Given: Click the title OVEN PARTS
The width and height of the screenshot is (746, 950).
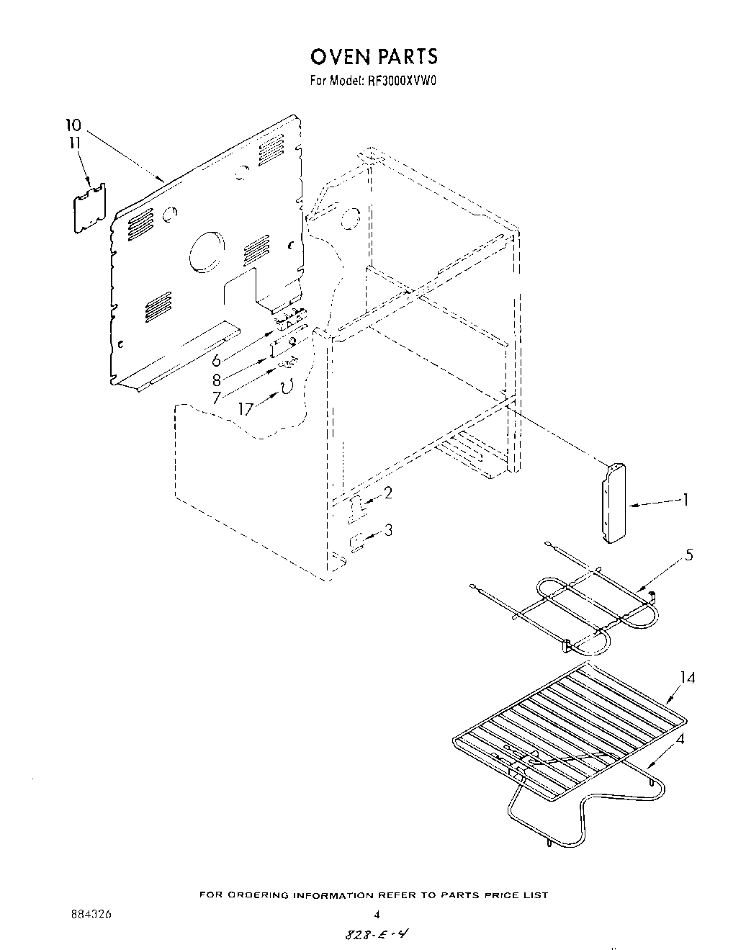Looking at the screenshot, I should point(373,57).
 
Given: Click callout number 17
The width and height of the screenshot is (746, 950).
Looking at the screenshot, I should point(246,408).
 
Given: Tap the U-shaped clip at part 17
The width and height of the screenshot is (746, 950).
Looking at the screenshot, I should point(287,388).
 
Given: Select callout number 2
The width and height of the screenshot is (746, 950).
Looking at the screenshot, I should point(388,493).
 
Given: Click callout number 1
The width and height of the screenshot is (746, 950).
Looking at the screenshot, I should point(686,499).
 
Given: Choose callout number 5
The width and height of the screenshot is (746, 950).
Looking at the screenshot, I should point(689,556).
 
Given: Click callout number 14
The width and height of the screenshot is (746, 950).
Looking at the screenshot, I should point(688,678).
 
